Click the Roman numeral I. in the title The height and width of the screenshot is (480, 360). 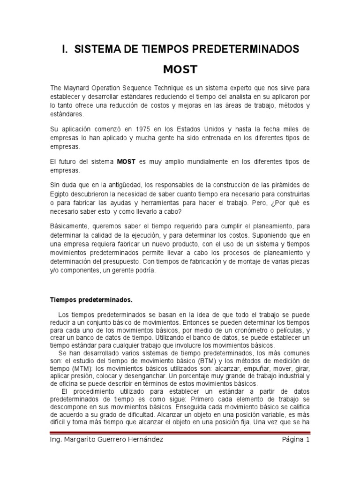pyautogui.click(x=66, y=49)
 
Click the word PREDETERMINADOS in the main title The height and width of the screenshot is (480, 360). pyautogui.click(x=250, y=49)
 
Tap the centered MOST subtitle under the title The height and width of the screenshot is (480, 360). pyautogui.click(x=180, y=70)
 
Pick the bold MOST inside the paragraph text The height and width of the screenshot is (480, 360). pyautogui.click(x=126, y=162)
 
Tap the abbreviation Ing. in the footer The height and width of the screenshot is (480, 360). pyautogui.click(x=56, y=440)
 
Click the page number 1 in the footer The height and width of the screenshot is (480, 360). pyautogui.click(x=308, y=440)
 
